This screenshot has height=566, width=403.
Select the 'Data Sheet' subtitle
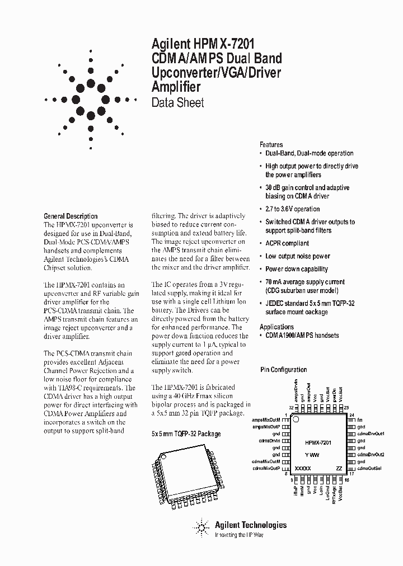pyautogui.click(x=177, y=102)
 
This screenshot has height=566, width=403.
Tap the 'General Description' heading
pyautogui.click(x=71, y=216)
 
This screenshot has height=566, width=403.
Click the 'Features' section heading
pyautogui.click(x=271, y=144)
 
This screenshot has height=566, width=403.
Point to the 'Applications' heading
pyautogui.click(x=277, y=327)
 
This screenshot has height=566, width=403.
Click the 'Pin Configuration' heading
pyautogui.click(x=284, y=370)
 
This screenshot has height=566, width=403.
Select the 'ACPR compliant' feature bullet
pyautogui.click(x=287, y=243)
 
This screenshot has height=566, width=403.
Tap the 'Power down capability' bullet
pyautogui.click(x=297, y=269)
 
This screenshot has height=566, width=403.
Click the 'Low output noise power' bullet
pyautogui.click(x=297, y=256)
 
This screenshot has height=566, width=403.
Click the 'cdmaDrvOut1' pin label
pyautogui.click(x=371, y=433)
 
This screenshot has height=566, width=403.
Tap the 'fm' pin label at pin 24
pyautogui.click(x=360, y=419)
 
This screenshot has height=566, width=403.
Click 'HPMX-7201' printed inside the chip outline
pyautogui.click(x=318, y=442)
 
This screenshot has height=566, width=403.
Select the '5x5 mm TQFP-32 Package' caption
pyautogui.click(x=186, y=433)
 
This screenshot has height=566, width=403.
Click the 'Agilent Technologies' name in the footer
pyautogui.click(x=250, y=525)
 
